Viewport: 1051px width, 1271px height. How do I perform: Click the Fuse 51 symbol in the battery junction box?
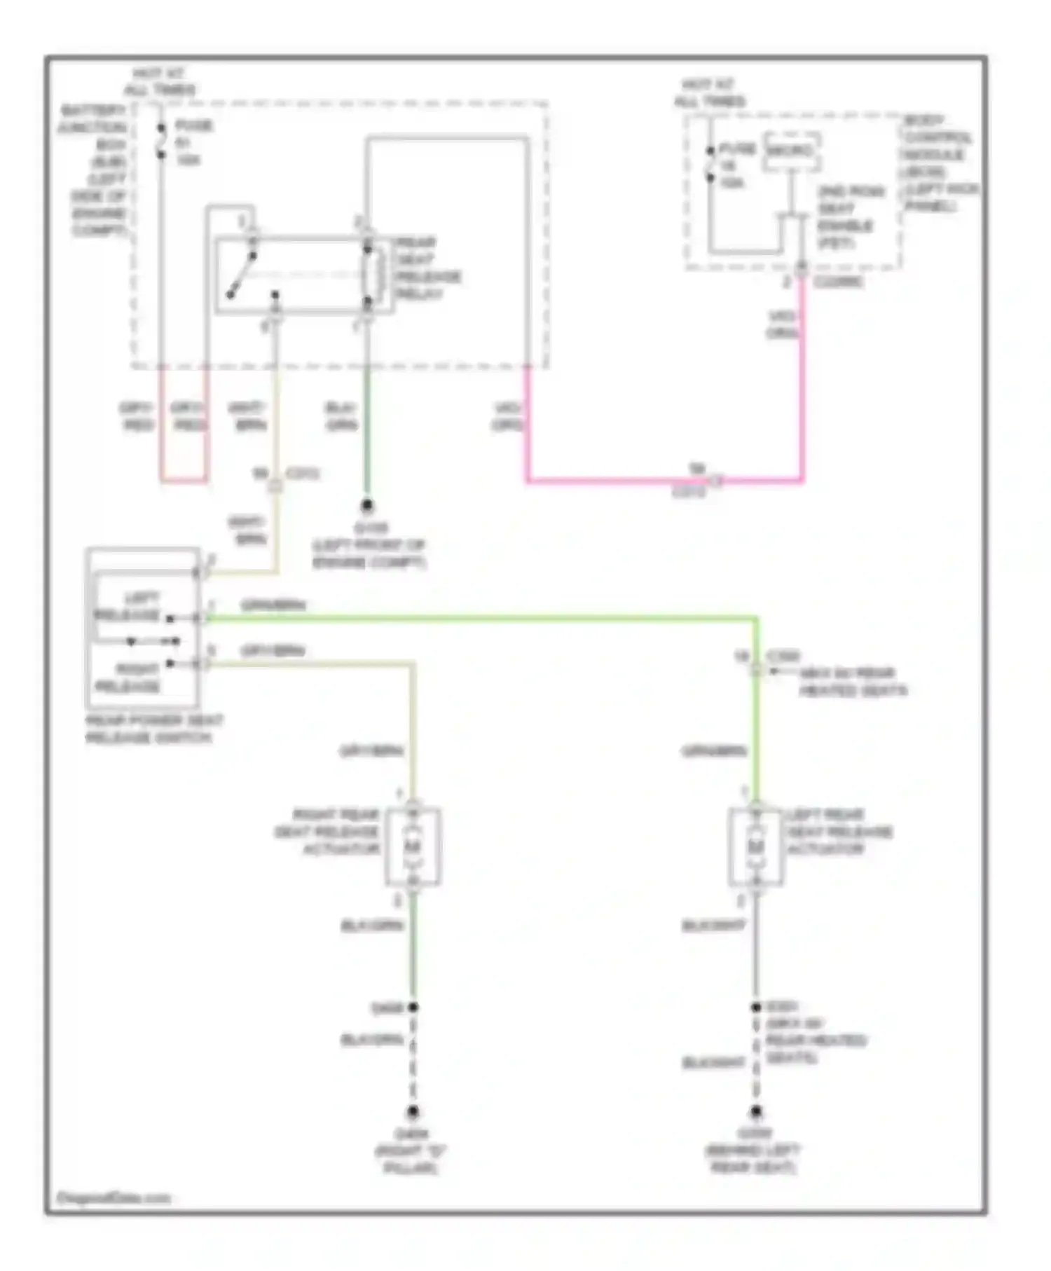tap(162, 141)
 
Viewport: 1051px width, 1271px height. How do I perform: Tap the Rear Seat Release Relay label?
tap(427, 268)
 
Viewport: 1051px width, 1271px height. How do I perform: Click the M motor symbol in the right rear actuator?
tap(413, 846)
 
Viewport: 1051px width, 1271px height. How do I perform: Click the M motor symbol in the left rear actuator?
tap(755, 846)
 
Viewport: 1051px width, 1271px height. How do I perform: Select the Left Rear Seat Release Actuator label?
tap(839, 832)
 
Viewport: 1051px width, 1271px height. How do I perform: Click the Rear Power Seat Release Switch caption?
tap(153, 729)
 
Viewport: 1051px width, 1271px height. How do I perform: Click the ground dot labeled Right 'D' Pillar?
tap(413, 1112)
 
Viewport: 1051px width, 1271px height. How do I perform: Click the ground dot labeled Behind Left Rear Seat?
tap(755, 1112)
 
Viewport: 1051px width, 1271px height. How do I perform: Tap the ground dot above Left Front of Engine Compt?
tap(366, 505)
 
